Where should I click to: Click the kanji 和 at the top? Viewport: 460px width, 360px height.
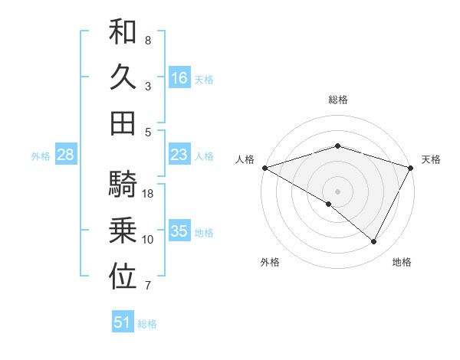pyautogui.click(x=123, y=33)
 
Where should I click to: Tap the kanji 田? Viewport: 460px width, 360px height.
pyautogui.click(x=123, y=122)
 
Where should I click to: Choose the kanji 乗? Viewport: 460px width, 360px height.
pyautogui.click(x=123, y=231)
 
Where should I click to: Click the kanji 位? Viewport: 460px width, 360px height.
pyautogui.click(x=123, y=277)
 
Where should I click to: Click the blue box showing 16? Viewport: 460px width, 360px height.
pyautogui.click(x=179, y=78)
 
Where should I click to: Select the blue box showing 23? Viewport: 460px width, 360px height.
pyautogui.click(x=179, y=155)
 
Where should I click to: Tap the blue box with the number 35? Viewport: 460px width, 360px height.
pyautogui.click(x=179, y=231)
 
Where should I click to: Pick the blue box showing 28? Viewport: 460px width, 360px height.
pyautogui.click(x=65, y=155)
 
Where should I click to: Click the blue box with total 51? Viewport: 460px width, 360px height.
pyautogui.click(x=123, y=322)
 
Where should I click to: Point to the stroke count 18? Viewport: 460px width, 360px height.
pyautogui.click(x=149, y=194)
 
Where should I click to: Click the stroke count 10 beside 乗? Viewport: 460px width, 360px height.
pyautogui.click(x=148, y=240)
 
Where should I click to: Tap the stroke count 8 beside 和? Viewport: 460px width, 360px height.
pyautogui.click(x=148, y=40)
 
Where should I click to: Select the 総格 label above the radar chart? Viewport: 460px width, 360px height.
pyautogui.click(x=337, y=100)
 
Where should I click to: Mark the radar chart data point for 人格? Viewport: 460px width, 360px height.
pyautogui.click(x=264, y=167)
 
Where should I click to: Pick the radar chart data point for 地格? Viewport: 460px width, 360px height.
pyautogui.click(x=374, y=242)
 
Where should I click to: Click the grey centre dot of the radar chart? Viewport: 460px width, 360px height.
pyautogui.click(x=337, y=191)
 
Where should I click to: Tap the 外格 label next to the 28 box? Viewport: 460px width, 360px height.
pyautogui.click(x=41, y=156)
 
